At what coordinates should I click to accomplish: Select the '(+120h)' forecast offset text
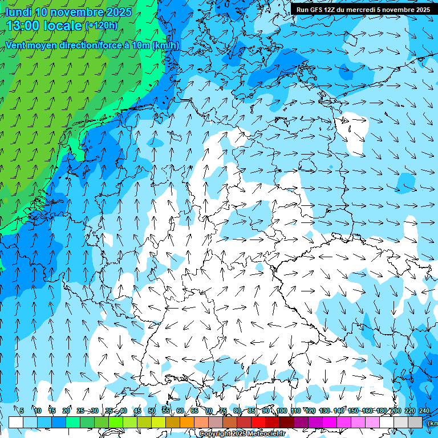[102, 26]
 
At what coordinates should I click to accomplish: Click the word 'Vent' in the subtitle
[16, 46]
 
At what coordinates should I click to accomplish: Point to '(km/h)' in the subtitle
[165, 46]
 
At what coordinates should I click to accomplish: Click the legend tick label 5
[22, 411]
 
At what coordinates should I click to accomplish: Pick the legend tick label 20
[66, 411]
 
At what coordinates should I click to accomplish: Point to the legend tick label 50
[152, 411]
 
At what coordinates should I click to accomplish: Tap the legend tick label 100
[282, 411]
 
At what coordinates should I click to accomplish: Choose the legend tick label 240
[424, 411]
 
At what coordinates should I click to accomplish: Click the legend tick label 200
[395, 411]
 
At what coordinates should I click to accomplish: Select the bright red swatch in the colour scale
[258, 423]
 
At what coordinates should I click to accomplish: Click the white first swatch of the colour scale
[16, 423]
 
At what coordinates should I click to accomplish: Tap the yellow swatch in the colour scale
[144, 423]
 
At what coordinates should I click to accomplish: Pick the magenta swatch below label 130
[330, 423]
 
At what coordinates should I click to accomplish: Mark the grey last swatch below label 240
[415, 423]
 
